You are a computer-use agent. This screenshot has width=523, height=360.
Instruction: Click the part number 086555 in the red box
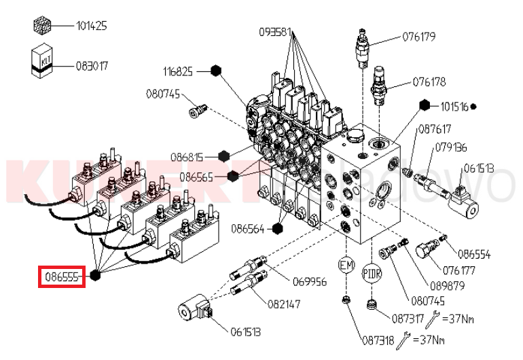(x=62, y=277)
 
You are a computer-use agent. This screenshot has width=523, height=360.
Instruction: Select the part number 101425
(x=92, y=26)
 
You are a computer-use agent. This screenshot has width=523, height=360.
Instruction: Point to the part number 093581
(x=275, y=31)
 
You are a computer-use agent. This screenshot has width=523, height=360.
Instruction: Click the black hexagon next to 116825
(x=216, y=70)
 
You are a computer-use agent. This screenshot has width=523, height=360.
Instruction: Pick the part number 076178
(x=429, y=82)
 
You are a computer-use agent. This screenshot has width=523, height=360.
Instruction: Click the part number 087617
(x=435, y=128)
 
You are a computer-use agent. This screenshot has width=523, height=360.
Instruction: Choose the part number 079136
(x=450, y=147)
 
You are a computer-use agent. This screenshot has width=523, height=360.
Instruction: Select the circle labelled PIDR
(x=371, y=273)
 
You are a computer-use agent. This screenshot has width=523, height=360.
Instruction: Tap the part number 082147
(x=284, y=304)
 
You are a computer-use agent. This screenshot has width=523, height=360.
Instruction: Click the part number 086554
(x=474, y=255)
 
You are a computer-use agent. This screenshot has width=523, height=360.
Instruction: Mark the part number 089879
(x=448, y=285)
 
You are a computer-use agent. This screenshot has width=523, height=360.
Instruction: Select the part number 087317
(x=408, y=317)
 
